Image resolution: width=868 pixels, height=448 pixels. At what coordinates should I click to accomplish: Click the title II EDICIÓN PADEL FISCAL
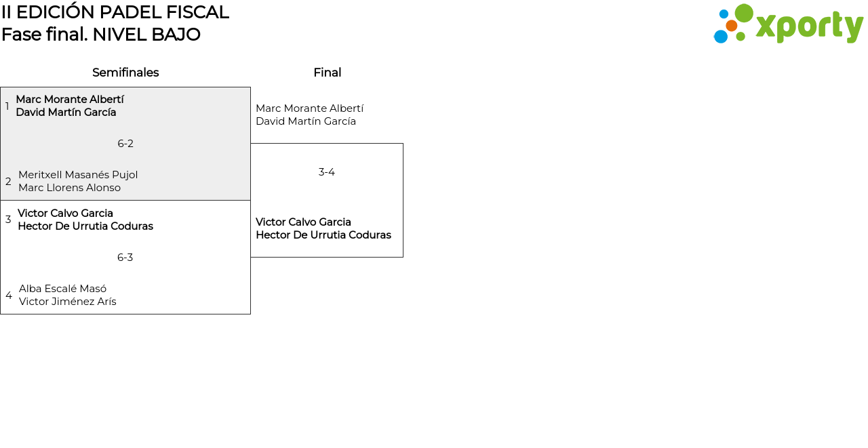pos(115,12)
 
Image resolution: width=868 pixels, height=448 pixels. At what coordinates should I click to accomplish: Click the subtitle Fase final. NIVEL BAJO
pos(101,35)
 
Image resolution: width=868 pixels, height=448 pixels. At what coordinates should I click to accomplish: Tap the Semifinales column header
pos(125,73)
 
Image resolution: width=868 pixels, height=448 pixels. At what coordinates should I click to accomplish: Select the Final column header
pos(327,73)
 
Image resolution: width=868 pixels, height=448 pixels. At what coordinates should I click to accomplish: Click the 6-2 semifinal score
pos(125,144)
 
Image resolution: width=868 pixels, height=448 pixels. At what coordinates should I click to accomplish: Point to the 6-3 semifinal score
pos(125,258)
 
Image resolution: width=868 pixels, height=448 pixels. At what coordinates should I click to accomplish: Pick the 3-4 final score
pos(327,172)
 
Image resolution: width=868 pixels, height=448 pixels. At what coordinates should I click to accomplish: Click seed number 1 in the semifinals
pos(7,106)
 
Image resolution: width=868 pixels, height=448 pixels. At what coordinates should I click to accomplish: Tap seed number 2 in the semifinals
pos(8,182)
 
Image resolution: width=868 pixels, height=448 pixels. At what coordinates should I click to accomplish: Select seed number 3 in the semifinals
pos(8,220)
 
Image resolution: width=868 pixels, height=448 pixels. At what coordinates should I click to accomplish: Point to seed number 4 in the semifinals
pos(9,296)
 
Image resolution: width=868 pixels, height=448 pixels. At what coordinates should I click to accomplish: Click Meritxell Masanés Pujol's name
pos(78,175)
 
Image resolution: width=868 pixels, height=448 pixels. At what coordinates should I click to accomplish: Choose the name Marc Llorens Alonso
pos(69,188)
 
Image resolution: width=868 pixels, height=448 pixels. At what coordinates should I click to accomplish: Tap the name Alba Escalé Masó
pos(62,289)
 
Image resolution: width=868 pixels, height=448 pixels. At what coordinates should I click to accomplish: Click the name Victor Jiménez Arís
pos(67,302)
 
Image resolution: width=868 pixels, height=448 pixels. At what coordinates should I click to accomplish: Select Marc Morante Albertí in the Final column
pos(309,108)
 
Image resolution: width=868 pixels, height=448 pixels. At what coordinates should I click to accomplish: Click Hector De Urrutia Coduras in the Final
pos(323,235)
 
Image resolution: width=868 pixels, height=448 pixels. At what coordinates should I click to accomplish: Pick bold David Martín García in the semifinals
pos(66,113)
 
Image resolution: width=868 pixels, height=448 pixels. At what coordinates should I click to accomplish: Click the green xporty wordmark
pos(809,26)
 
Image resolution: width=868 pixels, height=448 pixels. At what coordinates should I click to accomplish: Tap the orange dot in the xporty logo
pos(731,26)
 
